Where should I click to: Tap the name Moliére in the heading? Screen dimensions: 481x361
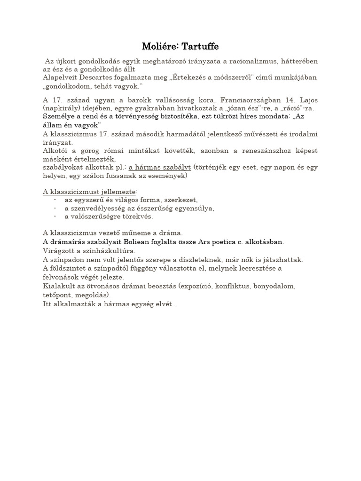(x=159, y=47)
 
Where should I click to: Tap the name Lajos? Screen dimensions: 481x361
(x=308, y=100)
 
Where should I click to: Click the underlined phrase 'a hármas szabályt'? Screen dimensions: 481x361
(x=160, y=168)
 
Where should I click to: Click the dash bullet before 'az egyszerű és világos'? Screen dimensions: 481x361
(x=55, y=200)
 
